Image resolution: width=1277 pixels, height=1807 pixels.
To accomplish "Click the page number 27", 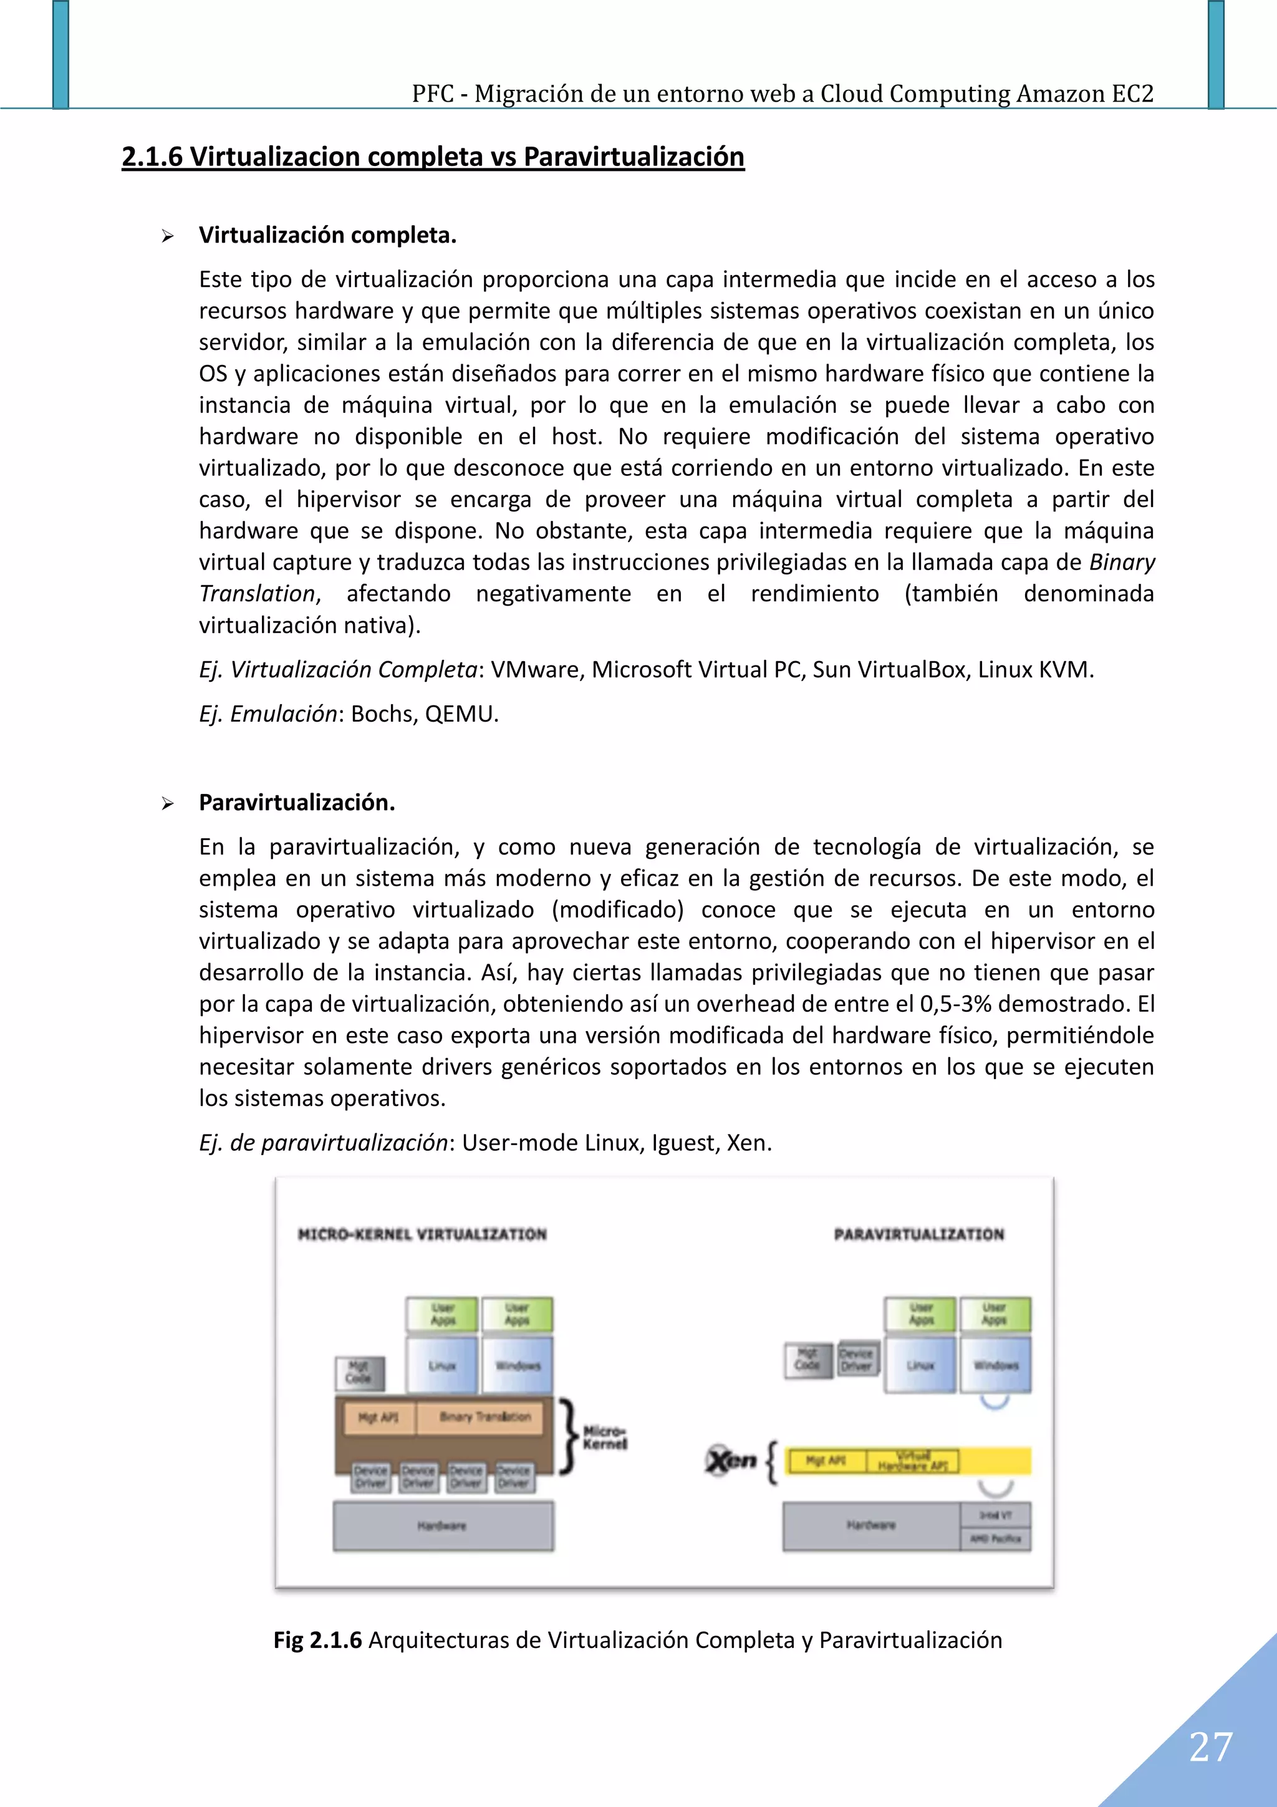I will coord(1211,1747).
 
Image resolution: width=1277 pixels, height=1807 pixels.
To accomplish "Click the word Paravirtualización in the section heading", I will coord(634,157).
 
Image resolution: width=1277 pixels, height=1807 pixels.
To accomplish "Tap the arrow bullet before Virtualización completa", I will coord(168,236).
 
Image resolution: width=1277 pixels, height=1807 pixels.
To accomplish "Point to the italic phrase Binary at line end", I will coord(1122,562).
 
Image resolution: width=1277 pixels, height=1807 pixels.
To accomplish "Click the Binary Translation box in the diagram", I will coord(484,1417).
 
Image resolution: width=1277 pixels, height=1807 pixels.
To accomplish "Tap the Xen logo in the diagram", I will coord(731,1461).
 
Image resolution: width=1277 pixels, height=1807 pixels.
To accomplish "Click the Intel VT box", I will coord(995,1515).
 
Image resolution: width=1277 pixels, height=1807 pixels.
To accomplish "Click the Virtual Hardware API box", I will coord(913,1461).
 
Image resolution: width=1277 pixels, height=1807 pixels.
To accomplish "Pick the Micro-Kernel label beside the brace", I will coord(604,1437).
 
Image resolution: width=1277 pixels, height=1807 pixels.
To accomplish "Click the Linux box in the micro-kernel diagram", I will coord(442,1365).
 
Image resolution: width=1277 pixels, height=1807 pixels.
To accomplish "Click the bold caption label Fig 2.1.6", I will coord(317,1640).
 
